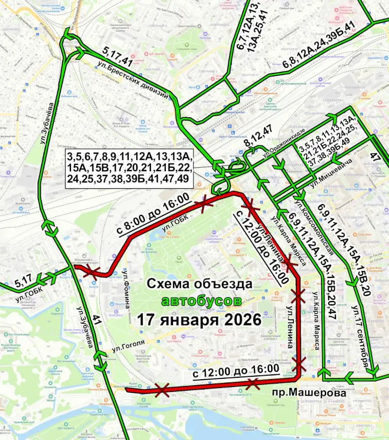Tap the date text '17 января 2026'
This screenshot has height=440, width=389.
[x=199, y=320]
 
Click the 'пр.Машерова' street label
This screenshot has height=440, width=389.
[x=309, y=393]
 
